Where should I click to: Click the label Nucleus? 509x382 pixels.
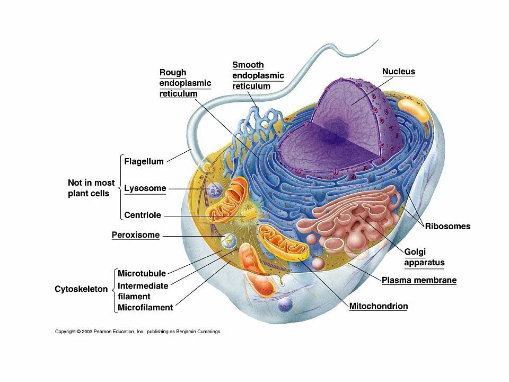tap(399, 72)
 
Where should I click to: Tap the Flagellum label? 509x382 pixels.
tap(144, 161)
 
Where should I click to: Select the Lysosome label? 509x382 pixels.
tap(145, 188)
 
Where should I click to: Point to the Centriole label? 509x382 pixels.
tap(143, 215)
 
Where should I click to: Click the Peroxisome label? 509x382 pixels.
tap(135, 235)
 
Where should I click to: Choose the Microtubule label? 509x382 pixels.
tap(142, 274)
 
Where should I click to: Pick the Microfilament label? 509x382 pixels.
tap(145, 308)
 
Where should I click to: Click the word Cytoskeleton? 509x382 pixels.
tap(81, 289)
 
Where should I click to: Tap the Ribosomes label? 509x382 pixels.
tap(447, 226)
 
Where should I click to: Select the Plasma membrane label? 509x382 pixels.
tap(419, 280)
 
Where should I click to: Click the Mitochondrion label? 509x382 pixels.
tap(379, 306)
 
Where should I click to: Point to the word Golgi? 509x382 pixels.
tap(415, 252)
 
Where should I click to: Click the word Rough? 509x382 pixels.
tap(173, 73)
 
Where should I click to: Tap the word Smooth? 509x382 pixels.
tap(248, 65)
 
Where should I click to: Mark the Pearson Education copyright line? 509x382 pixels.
tap(138, 332)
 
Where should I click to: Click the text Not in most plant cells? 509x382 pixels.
tap(91, 188)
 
